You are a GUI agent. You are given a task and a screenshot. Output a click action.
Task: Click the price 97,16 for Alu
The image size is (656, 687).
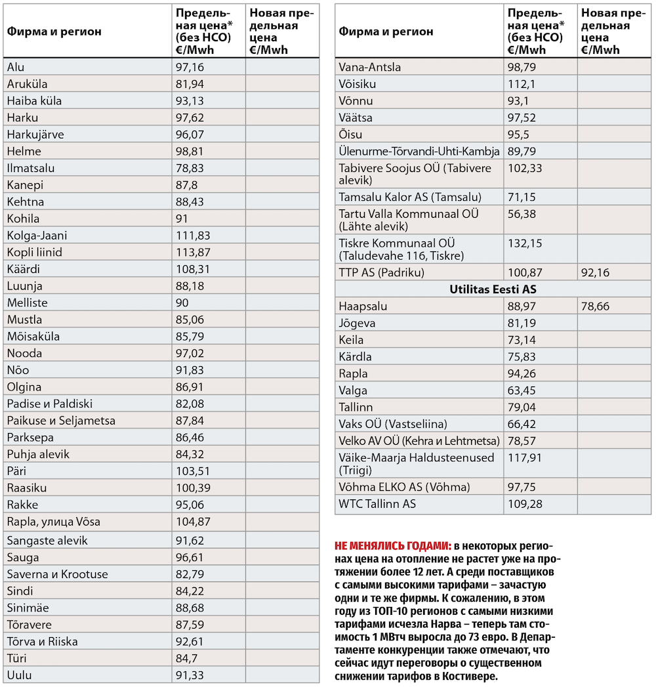[190, 67]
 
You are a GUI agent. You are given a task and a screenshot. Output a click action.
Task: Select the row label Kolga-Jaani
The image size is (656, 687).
[37, 236]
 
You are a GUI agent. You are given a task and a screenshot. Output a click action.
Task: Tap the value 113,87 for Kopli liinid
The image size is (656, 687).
[193, 253]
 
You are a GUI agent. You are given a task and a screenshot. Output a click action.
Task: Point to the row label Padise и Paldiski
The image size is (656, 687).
[50, 404]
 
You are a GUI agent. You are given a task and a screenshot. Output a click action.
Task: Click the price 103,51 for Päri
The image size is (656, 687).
[193, 471]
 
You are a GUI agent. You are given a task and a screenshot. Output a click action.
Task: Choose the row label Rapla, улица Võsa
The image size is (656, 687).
[53, 522]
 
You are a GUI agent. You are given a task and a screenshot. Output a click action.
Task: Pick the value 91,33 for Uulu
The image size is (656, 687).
[190, 675]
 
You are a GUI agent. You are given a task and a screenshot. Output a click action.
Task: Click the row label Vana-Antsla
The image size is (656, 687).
[369, 67]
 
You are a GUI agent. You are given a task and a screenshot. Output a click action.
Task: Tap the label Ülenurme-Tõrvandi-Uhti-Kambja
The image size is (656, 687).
[419, 151]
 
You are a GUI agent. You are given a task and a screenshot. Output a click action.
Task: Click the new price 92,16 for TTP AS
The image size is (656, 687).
[595, 272]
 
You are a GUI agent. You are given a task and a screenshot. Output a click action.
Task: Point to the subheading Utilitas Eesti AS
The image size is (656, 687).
[493, 289]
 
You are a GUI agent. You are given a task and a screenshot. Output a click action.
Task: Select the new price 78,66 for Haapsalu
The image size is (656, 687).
[595, 306]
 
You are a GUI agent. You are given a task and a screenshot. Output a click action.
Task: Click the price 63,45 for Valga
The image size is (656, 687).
[522, 390]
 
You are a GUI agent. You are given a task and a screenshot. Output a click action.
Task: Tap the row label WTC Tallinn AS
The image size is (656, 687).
[377, 504]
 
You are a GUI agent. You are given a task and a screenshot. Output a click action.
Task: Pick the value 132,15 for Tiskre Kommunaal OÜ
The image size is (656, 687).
[525, 243]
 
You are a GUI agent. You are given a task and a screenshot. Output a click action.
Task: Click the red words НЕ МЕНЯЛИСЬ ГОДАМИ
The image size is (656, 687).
[393, 546]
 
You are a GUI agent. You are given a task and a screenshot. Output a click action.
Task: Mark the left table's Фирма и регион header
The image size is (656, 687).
[54, 31]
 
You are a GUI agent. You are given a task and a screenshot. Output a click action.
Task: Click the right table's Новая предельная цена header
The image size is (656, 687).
[613, 31]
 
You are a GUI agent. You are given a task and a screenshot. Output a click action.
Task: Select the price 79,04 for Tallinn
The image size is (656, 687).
[522, 407]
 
